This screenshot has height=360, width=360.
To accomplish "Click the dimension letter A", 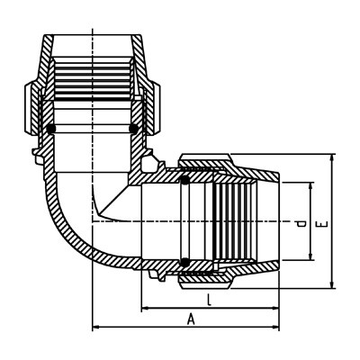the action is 191,319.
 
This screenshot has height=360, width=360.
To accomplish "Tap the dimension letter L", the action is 210,300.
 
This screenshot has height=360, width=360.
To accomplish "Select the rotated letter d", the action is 301,223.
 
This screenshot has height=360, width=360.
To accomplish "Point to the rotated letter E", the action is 322,224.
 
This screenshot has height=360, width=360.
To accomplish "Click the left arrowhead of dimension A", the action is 96,327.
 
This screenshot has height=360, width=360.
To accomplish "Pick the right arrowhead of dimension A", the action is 275,327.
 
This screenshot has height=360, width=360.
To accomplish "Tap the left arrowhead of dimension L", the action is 145,308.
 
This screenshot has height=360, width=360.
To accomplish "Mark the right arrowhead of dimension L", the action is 275,308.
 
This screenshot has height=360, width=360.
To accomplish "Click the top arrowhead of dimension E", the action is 332,157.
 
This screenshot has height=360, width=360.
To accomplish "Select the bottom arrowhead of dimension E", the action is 332,284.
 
